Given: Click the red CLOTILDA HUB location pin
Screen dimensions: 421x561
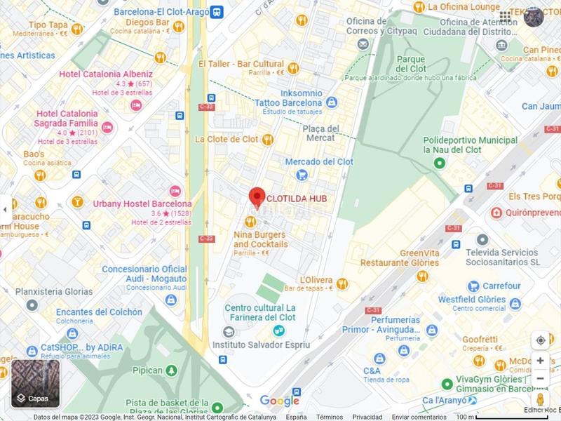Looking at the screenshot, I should coord(257,197).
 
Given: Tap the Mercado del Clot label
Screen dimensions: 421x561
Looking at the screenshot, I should coord(318,161).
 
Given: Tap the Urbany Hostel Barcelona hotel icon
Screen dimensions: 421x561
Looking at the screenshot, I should coord(175,191).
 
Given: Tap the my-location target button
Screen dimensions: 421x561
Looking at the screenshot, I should coord(540,340).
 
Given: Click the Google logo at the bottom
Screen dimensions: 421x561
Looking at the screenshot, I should coord(279,401).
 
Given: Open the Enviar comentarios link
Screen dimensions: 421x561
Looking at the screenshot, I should coord(419,417).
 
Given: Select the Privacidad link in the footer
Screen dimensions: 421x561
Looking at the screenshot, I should coord(368,417).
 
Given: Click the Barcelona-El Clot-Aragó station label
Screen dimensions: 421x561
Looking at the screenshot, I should coord(163,11).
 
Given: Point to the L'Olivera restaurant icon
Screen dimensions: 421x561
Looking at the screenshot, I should coord(342,283).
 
